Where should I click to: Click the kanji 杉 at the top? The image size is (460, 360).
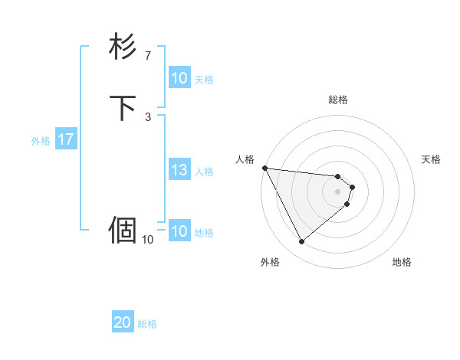pyautogui.click(x=123, y=47)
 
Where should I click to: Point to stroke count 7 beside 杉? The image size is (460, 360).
pyautogui.click(x=148, y=56)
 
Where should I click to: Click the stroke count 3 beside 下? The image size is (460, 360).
pyautogui.click(x=148, y=116)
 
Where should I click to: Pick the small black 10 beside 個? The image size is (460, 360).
pyautogui.click(x=148, y=240)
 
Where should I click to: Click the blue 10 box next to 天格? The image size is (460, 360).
pyautogui.click(x=179, y=79)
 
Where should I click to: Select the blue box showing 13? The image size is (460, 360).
pyautogui.click(x=179, y=171)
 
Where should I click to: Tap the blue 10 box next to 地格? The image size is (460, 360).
pyautogui.click(x=179, y=232)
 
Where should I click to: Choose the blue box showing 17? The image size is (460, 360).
pyautogui.click(x=65, y=140)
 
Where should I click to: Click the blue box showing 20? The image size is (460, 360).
pyautogui.click(x=123, y=323)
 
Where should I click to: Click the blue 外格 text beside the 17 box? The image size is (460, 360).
pyautogui.click(x=41, y=141)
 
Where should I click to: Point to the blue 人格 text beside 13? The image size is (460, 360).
pyautogui.click(x=205, y=172)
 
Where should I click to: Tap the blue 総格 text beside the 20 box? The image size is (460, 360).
pyautogui.click(x=147, y=324)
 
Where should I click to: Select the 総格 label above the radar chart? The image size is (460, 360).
pyautogui.click(x=338, y=100)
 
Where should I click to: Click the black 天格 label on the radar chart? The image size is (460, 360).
pyautogui.click(x=432, y=159)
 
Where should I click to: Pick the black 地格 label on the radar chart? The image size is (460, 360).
pyautogui.click(x=402, y=262)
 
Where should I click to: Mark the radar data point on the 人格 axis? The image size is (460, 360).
pyautogui.click(x=264, y=168)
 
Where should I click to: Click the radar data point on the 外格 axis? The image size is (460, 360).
pyautogui.click(x=301, y=242)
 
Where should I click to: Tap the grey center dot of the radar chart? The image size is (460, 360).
pyautogui.click(x=338, y=191)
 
